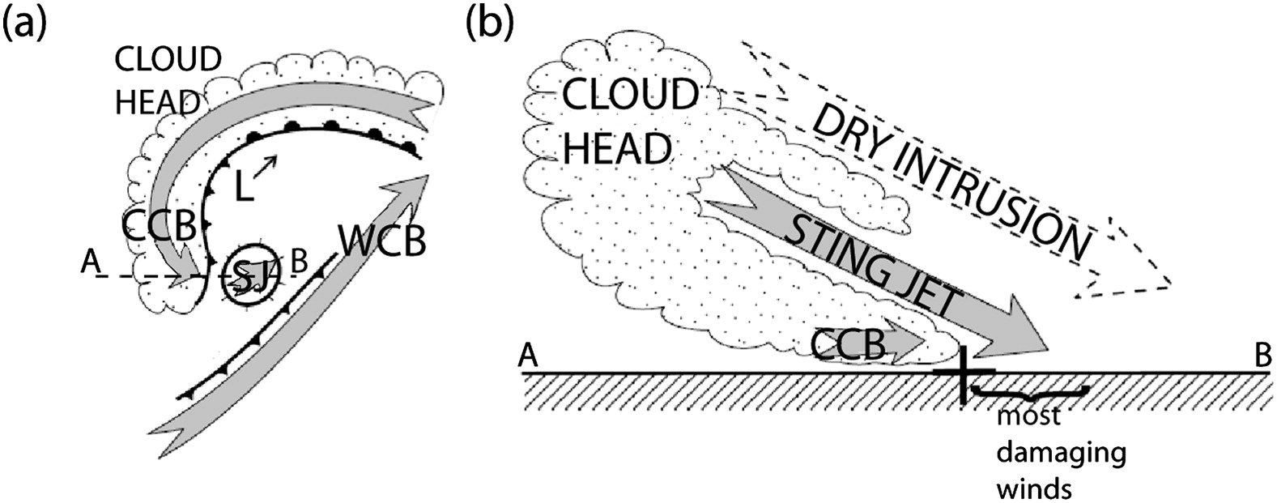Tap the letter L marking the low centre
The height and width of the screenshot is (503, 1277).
tap(246, 188)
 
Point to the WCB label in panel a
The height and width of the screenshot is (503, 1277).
tap(383, 241)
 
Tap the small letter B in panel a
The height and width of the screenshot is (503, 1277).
tap(298, 262)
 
